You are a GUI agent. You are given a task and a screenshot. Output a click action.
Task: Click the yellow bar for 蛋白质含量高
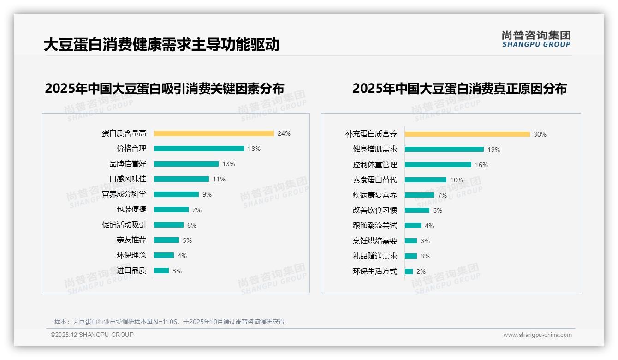coord(214,133)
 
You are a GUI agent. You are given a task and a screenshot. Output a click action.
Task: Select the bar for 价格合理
coord(199,149)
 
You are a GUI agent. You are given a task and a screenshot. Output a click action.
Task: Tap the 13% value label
coord(229,164)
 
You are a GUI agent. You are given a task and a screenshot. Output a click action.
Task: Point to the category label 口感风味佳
coord(128,179)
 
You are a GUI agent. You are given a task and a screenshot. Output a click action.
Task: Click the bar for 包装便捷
coord(171,210)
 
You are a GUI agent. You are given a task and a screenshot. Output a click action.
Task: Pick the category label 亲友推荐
coord(131,240)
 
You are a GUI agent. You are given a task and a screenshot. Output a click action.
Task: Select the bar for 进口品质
coord(161,270)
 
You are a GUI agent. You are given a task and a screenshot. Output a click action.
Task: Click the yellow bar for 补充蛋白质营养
coord(467,134)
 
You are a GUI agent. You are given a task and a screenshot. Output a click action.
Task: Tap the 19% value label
coord(494,150)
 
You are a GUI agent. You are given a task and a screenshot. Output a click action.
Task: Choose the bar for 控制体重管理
coord(438,165)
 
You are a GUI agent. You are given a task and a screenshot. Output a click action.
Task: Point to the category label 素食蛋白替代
coord(375,180)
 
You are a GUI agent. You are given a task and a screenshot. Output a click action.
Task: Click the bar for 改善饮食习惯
coord(417,210)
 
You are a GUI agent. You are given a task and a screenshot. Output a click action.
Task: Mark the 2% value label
coord(421,271)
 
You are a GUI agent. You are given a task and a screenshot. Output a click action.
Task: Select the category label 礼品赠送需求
coord(375,256)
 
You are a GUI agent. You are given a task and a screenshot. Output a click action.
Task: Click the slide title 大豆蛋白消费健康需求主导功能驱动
coord(162,45)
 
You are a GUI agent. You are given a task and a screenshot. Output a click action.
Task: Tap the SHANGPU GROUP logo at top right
coord(536,39)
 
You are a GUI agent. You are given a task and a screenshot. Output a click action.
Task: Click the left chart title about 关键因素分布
coord(165,88)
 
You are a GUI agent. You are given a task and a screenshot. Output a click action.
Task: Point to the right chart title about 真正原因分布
coord(459,88)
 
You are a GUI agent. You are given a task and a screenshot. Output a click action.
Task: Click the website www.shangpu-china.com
coord(537,335)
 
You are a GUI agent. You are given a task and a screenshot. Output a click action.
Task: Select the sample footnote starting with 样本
coord(169,322)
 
